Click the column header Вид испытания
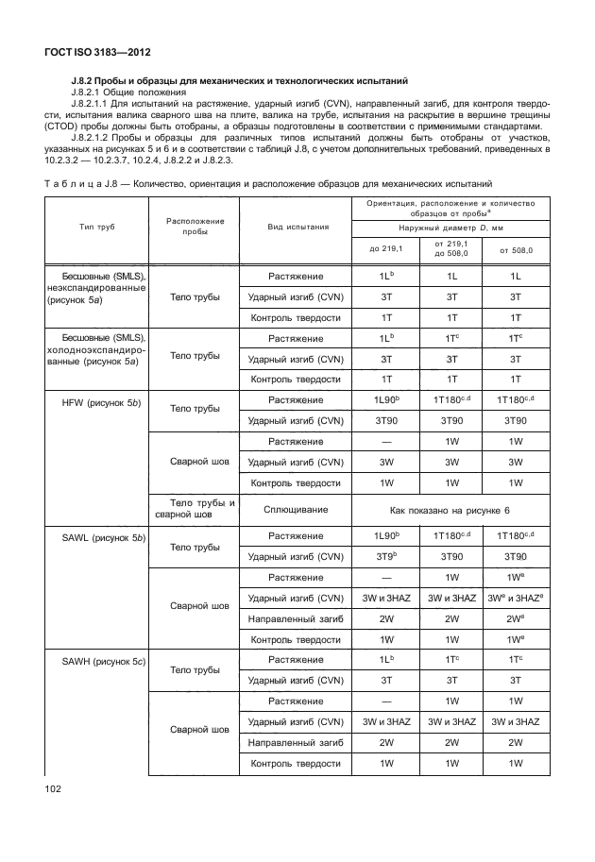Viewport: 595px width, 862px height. [x=297, y=227]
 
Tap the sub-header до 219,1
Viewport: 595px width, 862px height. [x=384, y=249]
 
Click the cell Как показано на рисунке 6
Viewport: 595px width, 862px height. [x=450, y=509]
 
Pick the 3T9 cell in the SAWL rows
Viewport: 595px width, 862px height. [x=384, y=556]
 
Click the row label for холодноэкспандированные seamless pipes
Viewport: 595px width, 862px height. [x=93, y=360]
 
